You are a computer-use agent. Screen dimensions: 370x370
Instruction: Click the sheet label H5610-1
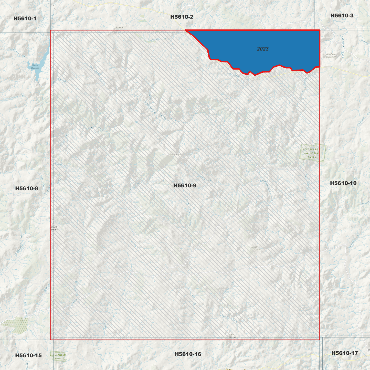[x=25, y=18]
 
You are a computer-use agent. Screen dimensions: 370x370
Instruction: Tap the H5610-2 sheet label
[x=182, y=17]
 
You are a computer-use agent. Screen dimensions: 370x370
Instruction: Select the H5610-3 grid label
[x=342, y=16]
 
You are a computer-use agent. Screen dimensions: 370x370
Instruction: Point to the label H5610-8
[x=27, y=188]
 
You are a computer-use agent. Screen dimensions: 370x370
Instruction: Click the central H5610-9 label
[x=185, y=185]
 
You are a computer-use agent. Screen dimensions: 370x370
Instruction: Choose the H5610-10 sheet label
[x=343, y=183]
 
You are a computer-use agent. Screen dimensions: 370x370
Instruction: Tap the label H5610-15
[x=28, y=355]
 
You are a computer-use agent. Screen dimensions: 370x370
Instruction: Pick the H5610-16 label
[x=188, y=354]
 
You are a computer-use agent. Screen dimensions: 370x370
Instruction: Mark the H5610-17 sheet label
[x=344, y=353]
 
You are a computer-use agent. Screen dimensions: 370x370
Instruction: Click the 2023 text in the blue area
[x=263, y=49]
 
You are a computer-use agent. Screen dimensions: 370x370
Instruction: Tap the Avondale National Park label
[x=312, y=153]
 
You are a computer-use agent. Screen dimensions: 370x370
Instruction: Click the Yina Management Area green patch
[x=58, y=356]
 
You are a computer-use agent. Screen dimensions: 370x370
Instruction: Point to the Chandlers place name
[x=119, y=28]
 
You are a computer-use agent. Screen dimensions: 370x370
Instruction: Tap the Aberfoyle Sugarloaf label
[x=331, y=55]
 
